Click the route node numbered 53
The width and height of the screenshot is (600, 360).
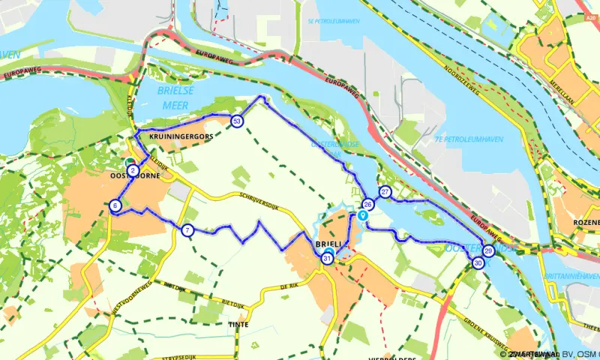click(237, 121)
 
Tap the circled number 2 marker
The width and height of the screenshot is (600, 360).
click(133, 172)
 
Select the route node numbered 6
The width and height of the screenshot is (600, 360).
click(115, 205)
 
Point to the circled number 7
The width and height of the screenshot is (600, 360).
click(187, 230)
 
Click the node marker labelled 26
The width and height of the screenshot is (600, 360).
click(367, 204)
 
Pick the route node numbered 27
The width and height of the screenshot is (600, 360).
click(385, 192)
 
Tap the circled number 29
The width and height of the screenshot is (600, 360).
click(488, 251)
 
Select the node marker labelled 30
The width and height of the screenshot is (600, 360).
click(478, 262)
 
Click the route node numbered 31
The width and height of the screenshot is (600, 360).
click(327, 259)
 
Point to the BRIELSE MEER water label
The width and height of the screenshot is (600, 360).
click(173, 98)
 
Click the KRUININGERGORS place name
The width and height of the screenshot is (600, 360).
click(176, 137)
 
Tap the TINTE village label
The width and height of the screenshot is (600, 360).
click(238, 325)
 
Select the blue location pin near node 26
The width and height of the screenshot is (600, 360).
click(363, 216)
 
